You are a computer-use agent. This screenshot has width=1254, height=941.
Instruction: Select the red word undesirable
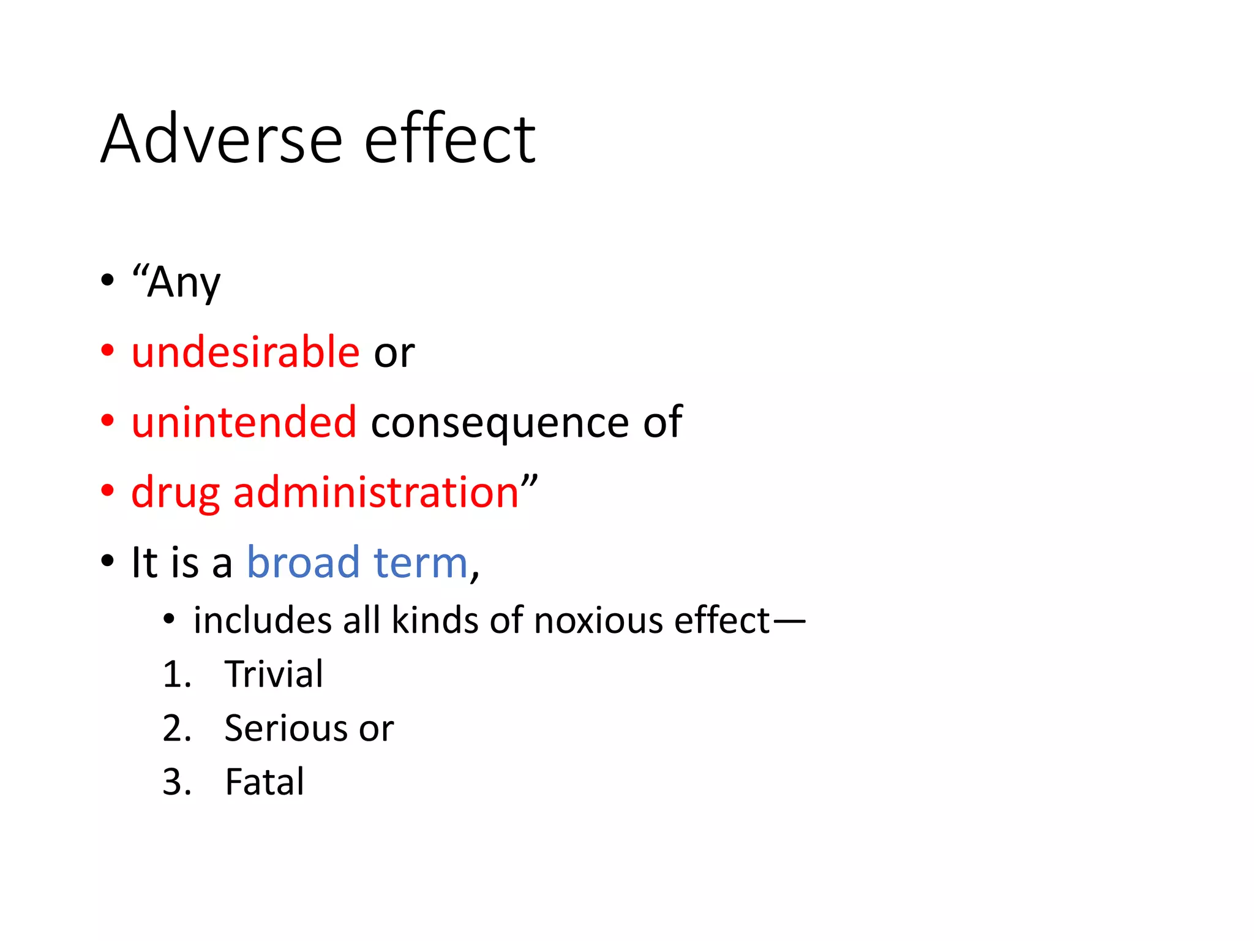click(246, 352)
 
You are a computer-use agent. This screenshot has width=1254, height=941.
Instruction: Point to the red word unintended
click(244, 422)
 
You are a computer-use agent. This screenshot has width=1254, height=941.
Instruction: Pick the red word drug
click(175, 493)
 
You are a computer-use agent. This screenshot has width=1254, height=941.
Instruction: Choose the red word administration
click(376, 492)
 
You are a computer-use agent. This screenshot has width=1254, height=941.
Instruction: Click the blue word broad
click(302, 562)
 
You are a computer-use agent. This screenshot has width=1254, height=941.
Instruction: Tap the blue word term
click(421, 563)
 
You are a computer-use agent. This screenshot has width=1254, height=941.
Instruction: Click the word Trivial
click(274, 675)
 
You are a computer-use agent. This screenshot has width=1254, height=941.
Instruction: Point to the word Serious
click(285, 728)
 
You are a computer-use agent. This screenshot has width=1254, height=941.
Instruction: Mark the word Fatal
click(265, 782)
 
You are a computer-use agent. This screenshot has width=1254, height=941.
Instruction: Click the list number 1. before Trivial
click(177, 675)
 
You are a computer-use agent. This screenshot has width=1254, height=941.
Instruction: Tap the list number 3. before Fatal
click(177, 782)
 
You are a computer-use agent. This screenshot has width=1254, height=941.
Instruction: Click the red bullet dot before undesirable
click(108, 351)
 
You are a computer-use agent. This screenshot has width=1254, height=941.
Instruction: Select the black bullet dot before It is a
click(108, 561)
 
